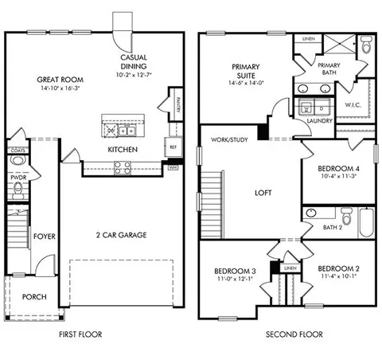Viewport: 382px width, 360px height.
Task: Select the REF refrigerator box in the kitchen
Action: pyautogui.click(x=171, y=147)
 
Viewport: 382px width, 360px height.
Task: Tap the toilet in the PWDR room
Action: pyautogui.click(x=17, y=188)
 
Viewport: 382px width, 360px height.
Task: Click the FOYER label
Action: pyautogui.click(x=43, y=237)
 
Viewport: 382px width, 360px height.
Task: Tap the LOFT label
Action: pyautogui.click(x=263, y=192)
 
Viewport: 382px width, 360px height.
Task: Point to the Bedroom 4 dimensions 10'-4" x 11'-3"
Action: pyautogui.click(x=337, y=178)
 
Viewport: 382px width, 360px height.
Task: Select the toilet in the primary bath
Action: pyautogui.click(x=364, y=45)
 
